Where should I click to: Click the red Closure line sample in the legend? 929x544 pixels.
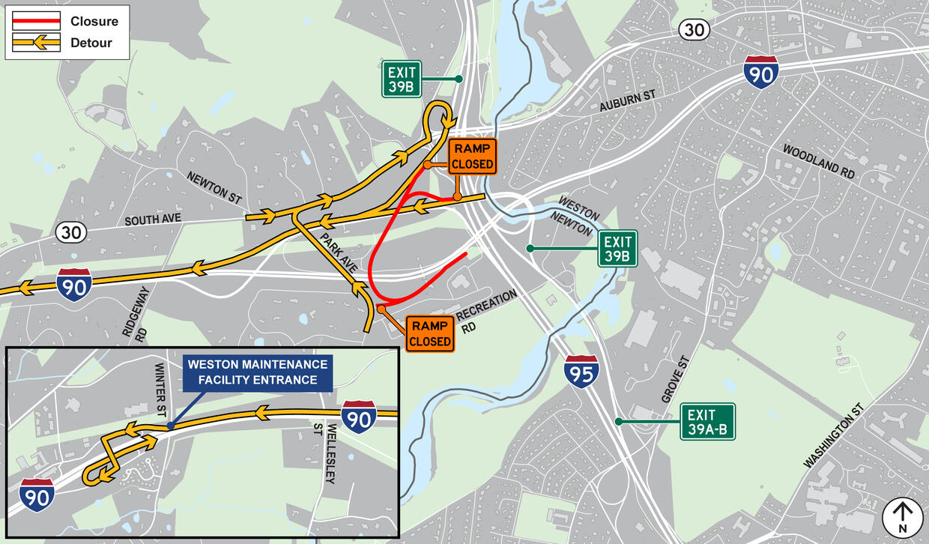[35, 22]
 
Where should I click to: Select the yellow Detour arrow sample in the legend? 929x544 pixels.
[35, 43]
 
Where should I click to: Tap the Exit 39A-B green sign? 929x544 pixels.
[707, 422]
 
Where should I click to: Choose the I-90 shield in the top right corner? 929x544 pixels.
[760, 72]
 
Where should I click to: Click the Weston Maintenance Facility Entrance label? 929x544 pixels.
[258, 372]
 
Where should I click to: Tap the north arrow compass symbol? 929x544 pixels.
[902, 518]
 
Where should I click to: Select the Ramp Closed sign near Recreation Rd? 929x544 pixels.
[430, 334]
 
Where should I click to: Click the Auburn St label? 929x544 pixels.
[627, 102]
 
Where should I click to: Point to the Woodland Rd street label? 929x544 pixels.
[818, 160]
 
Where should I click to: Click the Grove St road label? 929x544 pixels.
[674, 380]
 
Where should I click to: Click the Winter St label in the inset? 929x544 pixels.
[160, 390]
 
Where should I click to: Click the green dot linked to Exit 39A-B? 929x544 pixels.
[619, 422]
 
